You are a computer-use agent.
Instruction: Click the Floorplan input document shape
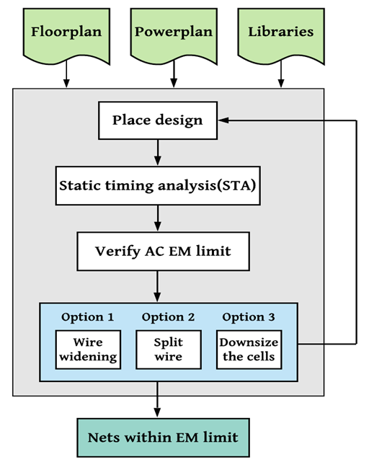point(66,35)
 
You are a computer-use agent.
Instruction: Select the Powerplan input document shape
point(174,35)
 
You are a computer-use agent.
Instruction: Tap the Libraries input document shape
point(281,35)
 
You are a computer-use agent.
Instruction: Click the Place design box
point(158,120)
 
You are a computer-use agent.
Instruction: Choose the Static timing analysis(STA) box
point(158,186)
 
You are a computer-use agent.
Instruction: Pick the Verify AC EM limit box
point(164,252)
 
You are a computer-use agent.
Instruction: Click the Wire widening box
point(88,350)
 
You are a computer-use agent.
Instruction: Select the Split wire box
point(169,350)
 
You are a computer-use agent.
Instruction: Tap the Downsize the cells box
point(249,350)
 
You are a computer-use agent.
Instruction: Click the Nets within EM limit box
point(164,437)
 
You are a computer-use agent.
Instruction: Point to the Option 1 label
point(87,317)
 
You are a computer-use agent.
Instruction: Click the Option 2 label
point(168,317)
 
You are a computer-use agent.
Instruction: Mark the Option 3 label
point(249,317)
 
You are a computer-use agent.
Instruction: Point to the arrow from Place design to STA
point(158,152)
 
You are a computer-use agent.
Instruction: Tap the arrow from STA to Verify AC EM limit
point(158,218)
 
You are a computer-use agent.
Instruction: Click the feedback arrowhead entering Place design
point(223,120)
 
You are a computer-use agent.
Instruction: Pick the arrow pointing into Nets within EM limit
point(157,399)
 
